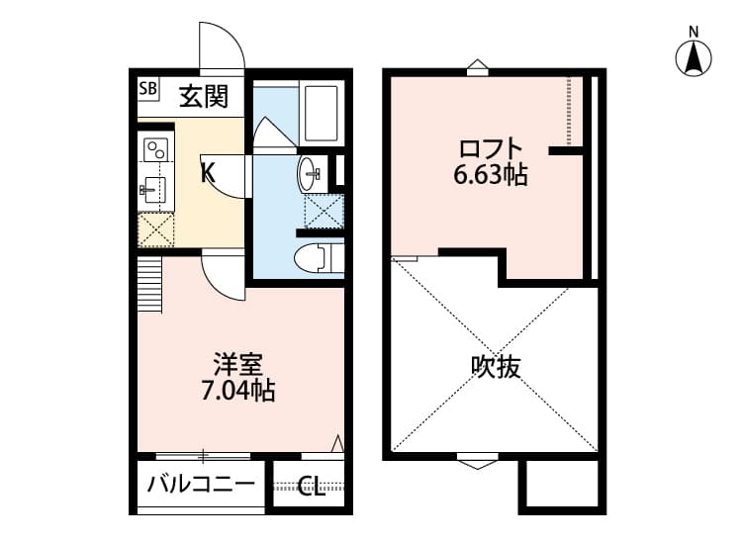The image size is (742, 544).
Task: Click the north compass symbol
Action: pos(694,56)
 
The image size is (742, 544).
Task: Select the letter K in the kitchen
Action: pos(208,172)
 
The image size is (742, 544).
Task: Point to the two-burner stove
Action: pos(156,150)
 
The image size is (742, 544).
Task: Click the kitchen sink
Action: pos(154,188)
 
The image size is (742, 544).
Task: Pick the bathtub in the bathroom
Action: pos(322,114)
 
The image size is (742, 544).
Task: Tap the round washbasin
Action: pos(309,174)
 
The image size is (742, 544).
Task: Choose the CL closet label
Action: pos(310,487)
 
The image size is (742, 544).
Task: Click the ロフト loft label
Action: pos(490,149)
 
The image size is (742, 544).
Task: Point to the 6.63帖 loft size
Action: pos(490,176)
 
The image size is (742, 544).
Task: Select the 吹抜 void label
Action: pos(495,368)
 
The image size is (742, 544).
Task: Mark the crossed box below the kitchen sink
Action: pos(156,228)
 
